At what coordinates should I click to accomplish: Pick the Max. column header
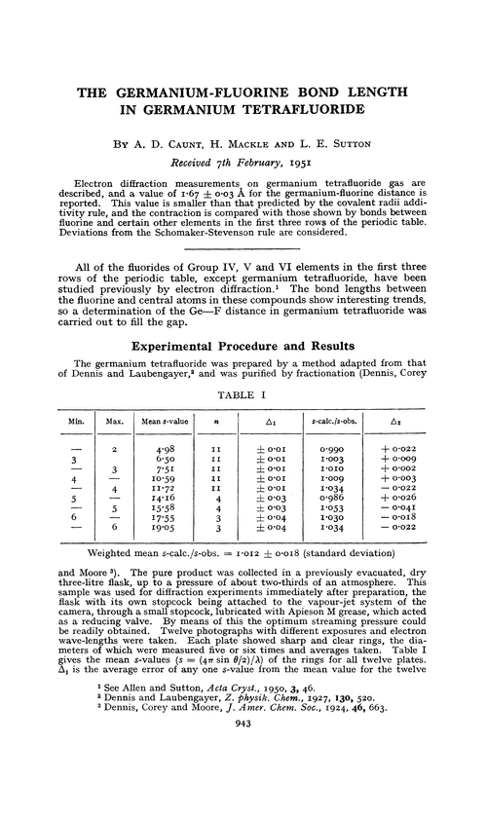116,395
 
